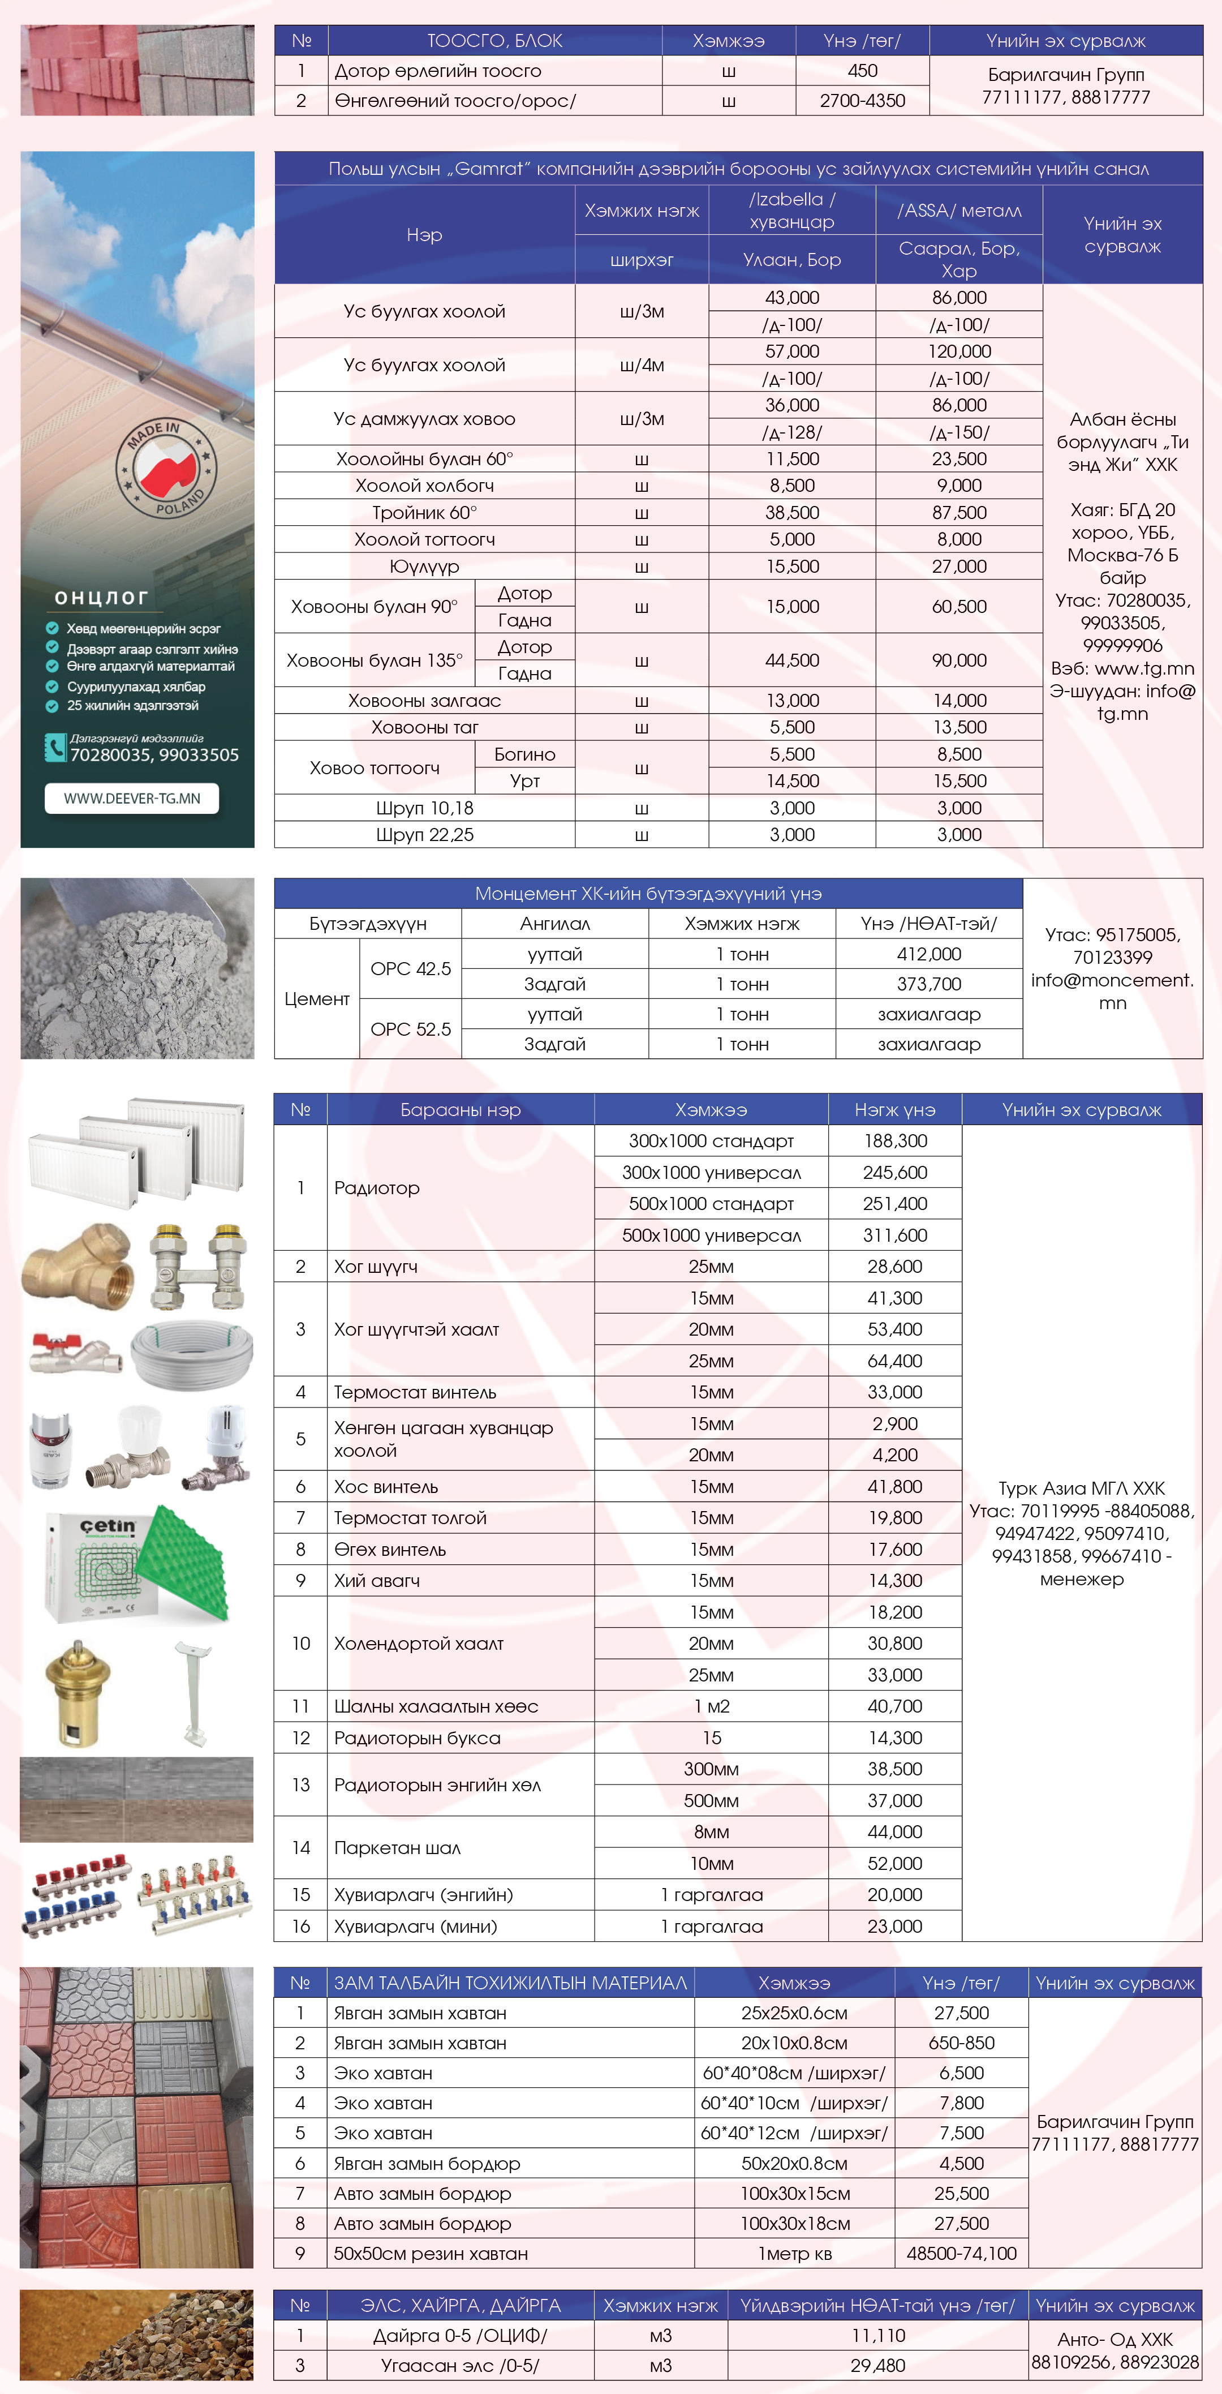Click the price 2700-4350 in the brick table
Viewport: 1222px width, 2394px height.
pyautogui.click(x=862, y=100)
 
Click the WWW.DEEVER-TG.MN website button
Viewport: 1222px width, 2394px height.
pyautogui.click(x=132, y=799)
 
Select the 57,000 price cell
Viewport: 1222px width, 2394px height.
pyautogui.click(x=791, y=351)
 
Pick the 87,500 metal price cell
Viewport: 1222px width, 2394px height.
pyautogui.click(x=959, y=512)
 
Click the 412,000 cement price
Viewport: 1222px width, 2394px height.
pyautogui.click(x=928, y=954)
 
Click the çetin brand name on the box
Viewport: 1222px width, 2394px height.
pyautogui.click(x=107, y=1526)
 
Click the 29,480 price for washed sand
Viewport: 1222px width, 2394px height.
pyautogui.click(x=877, y=2365)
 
